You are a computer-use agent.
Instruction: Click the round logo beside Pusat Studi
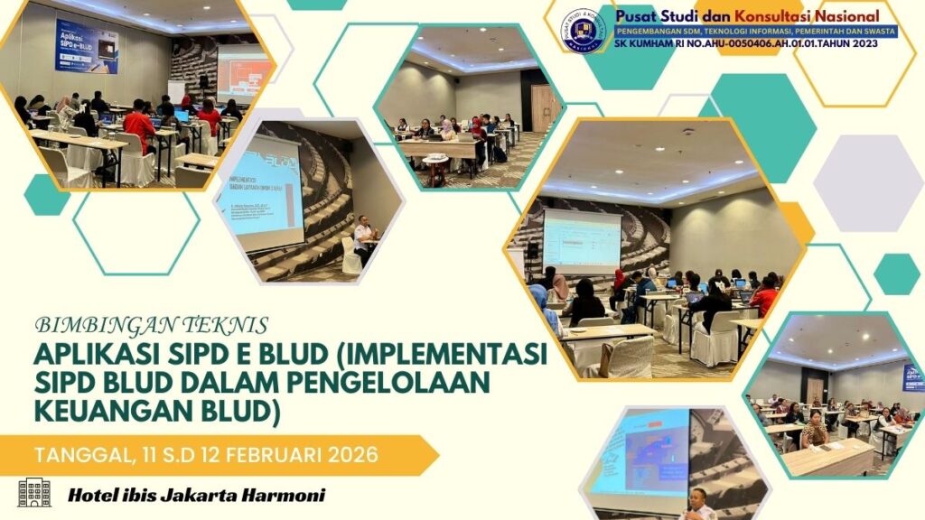[582, 31]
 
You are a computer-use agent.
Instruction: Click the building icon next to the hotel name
[34, 493]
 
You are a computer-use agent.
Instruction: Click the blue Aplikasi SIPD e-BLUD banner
[87, 45]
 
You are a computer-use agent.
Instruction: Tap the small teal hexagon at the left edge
[47, 195]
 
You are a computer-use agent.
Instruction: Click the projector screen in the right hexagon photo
[582, 240]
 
